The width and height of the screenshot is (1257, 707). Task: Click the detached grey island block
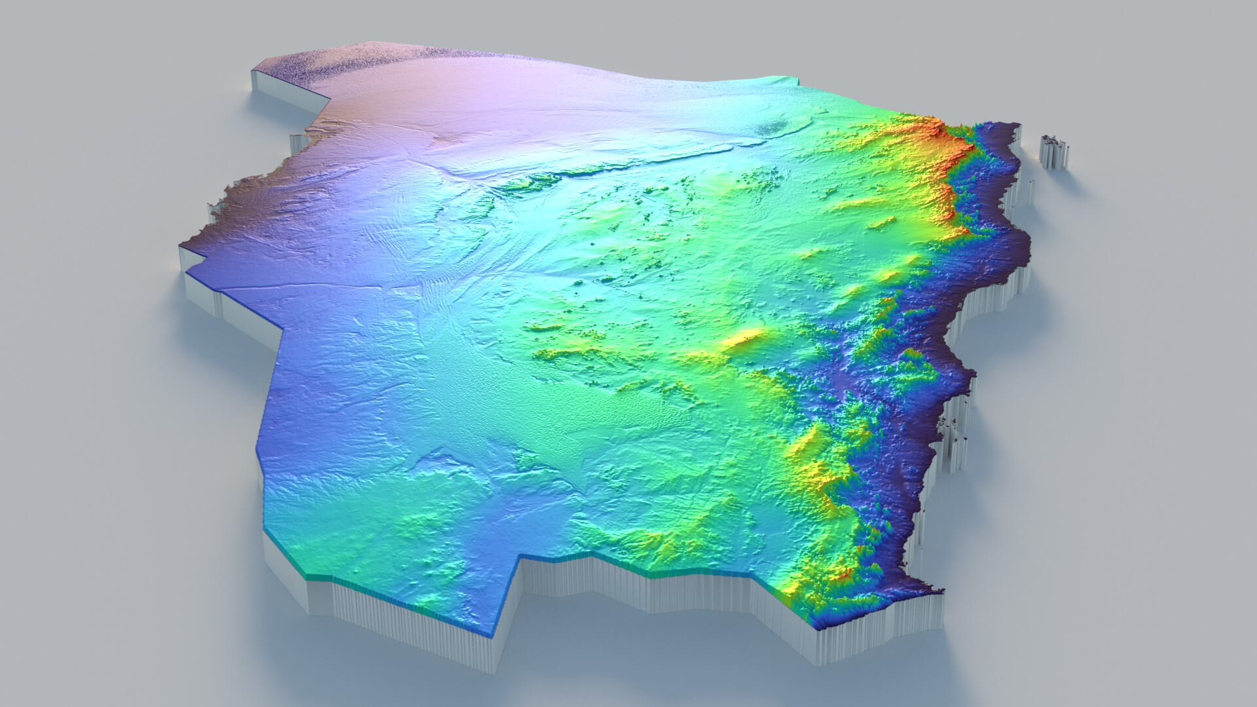click(x=1054, y=152)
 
